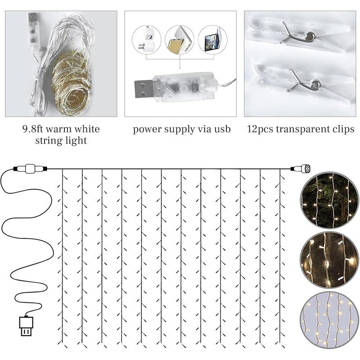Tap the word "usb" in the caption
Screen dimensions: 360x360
click(x=222, y=129)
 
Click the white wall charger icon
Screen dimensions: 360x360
click(x=147, y=40)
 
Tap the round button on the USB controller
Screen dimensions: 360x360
click(x=184, y=88)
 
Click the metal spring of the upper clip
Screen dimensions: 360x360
click(x=298, y=34)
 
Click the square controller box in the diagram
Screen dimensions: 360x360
click(x=30, y=169)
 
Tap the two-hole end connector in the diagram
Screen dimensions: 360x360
click(x=306, y=169)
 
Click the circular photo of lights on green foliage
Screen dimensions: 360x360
click(x=330, y=200)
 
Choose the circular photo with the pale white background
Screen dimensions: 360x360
click(x=330, y=320)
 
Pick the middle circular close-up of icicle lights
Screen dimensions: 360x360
click(x=330, y=260)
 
